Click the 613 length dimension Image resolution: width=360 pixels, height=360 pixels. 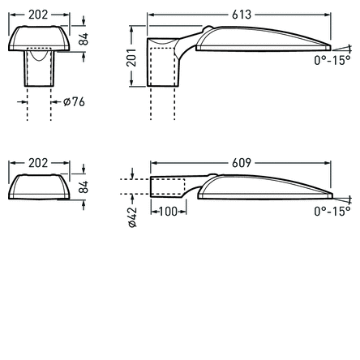[241, 15]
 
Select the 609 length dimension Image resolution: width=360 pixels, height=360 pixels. [241, 163]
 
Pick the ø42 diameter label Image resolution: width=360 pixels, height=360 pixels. [132, 216]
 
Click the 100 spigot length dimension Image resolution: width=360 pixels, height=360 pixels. [168, 212]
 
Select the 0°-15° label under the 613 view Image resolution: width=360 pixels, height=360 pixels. [332, 60]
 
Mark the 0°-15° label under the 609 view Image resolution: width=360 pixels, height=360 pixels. [332, 211]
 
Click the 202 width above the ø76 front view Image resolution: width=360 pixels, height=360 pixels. [38, 15]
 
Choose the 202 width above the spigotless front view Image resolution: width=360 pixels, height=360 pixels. [38, 163]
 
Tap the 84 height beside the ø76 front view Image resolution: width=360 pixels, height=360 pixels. [83, 38]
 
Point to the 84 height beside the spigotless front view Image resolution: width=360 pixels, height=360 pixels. [83, 186]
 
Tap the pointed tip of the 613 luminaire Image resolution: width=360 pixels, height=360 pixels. [330, 45]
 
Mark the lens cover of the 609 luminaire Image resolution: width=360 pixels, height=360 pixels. [264, 189]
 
